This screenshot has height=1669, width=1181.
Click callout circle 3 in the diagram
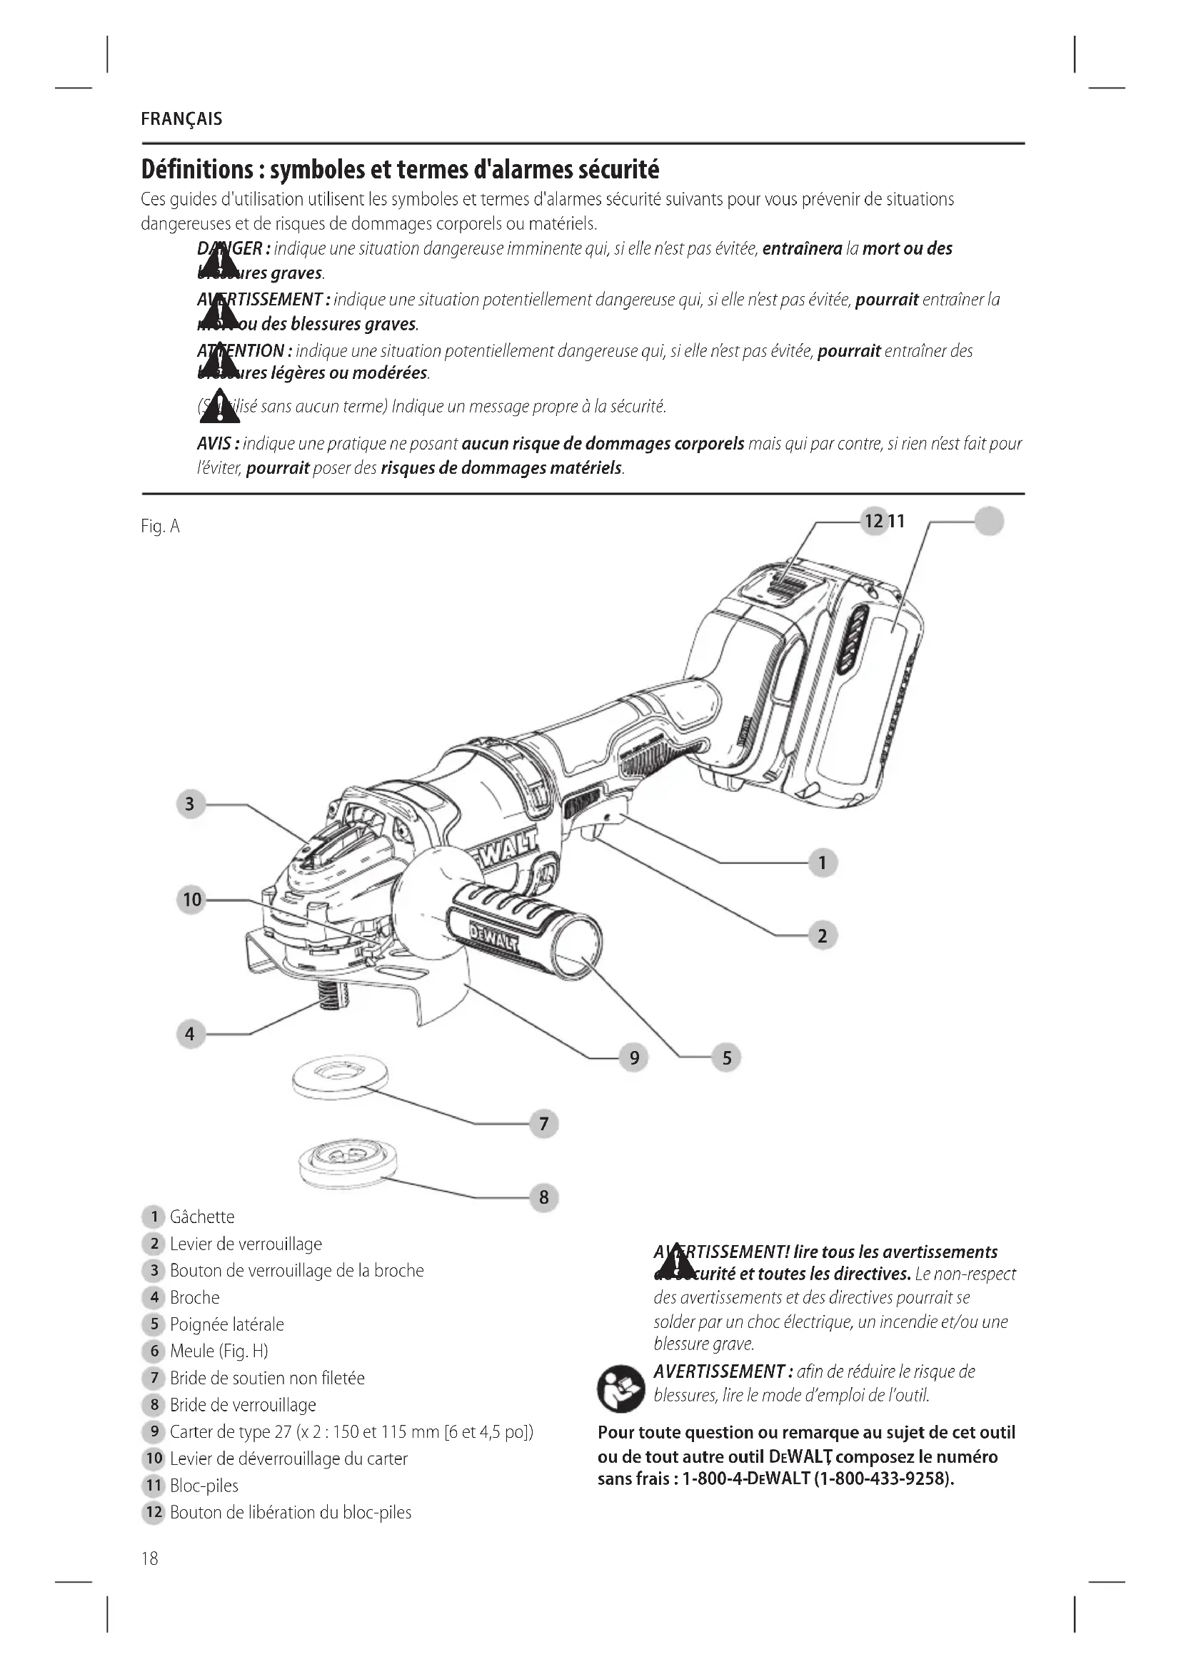point(191,804)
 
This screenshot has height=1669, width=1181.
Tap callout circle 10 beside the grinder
point(191,900)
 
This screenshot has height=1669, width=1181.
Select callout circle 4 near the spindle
point(191,1034)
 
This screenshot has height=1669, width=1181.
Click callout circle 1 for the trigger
point(823,863)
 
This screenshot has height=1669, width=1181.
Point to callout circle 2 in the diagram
point(823,935)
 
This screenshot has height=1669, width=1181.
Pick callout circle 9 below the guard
point(634,1057)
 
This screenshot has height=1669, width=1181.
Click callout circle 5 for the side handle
point(726,1057)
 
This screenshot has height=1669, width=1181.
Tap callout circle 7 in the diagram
point(544,1125)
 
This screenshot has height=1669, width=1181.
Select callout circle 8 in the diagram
point(544,1197)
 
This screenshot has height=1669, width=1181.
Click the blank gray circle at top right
point(988,521)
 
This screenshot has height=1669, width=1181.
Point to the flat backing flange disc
point(340,1078)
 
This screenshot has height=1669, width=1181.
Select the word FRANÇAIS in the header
point(182,119)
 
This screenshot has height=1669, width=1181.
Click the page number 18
point(150,1558)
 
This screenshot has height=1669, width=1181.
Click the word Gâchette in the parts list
point(202,1217)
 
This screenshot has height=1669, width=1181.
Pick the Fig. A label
point(160,527)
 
